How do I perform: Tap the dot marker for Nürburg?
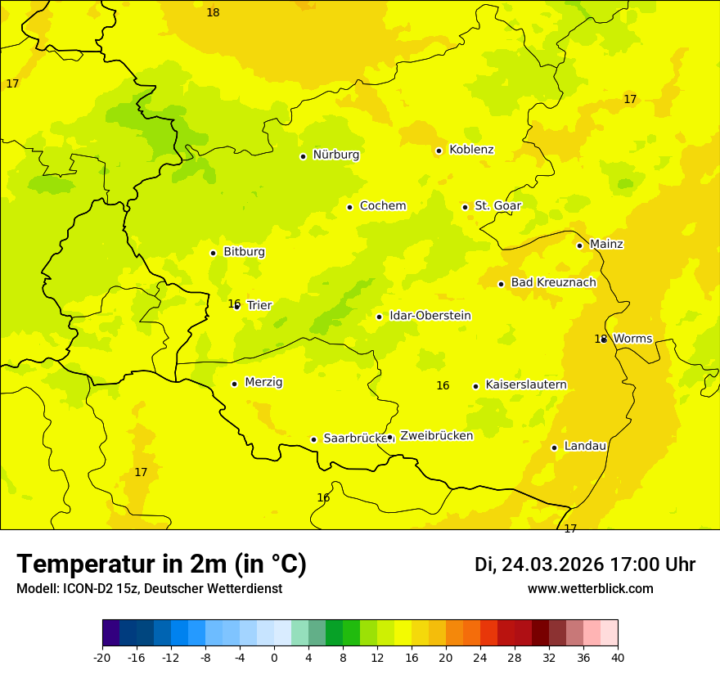(x=303, y=156)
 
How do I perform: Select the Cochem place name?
(x=382, y=206)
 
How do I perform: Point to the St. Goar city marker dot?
(x=465, y=207)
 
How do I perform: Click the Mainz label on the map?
(x=606, y=245)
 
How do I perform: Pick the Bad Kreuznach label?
(x=553, y=283)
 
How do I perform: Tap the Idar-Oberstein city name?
(x=430, y=316)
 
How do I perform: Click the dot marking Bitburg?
(x=213, y=253)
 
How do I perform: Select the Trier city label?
(x=259, y=305)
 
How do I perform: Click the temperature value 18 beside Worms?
(x=600, y=339)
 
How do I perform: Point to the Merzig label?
(x=263, y=383)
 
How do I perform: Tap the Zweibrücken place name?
(x=436, y=436)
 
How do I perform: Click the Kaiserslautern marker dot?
(x=475, y=386)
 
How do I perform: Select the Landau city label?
(x=585, y=447)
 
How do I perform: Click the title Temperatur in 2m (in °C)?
(x=161, y=564)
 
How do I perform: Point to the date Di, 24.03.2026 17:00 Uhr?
(x=585, y=564)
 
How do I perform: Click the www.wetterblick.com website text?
(x=590, y=589)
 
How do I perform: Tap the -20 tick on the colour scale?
(x=102, y=657)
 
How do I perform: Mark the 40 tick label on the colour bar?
(x=618, y=657)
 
